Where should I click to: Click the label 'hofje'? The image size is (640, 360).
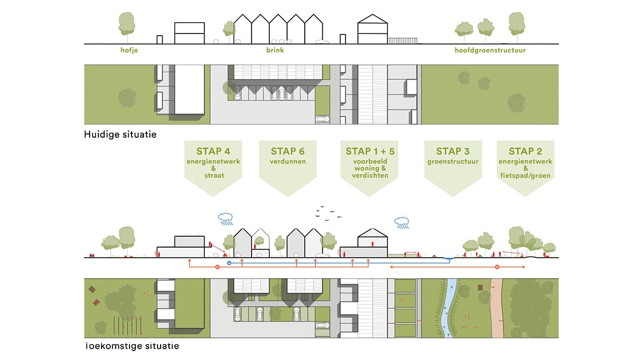point(129,50)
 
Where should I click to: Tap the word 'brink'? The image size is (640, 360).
point(275,50)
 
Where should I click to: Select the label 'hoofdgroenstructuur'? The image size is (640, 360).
point(490,50)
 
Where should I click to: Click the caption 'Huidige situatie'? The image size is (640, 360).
point(120,135)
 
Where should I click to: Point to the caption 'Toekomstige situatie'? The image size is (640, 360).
point(131,345)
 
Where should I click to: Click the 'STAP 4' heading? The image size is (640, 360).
point(213,151)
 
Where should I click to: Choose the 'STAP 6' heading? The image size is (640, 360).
point(288,151)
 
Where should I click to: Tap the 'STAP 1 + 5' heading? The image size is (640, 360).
point(370,151)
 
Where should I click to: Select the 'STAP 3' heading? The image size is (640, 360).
point(453,151)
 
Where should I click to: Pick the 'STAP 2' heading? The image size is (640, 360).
point(525,151)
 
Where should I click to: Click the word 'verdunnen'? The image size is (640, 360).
point(288,161)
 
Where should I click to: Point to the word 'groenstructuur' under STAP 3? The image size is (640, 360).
point(453,162)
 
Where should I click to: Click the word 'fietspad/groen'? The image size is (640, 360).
point(525,175)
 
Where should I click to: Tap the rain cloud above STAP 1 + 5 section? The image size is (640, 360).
point(402,222)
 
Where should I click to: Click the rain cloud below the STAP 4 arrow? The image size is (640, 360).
point(225,219)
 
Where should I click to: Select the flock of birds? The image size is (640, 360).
point(329,213)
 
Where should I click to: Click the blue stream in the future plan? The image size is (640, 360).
point(449,308)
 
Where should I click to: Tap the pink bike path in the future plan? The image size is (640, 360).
point(497,308)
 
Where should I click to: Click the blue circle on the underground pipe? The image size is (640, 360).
point(229,263)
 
